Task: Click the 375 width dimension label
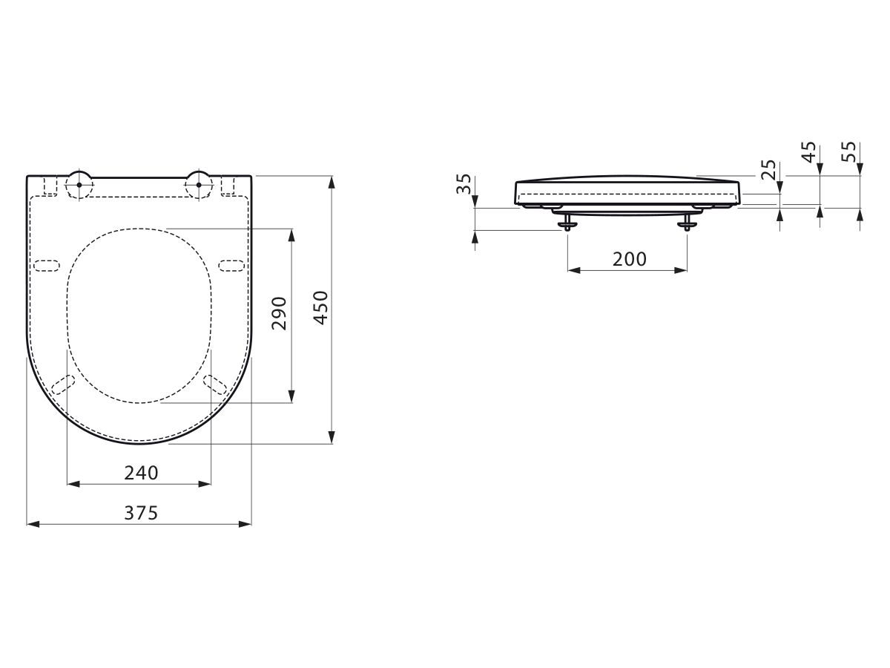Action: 141,513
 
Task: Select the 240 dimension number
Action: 141,473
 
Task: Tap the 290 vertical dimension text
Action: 279,313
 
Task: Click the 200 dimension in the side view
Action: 629,259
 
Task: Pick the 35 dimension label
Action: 464,184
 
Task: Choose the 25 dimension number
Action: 768,170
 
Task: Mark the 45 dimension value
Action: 809,151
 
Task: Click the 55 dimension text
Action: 848,151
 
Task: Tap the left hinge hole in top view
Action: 79,185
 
